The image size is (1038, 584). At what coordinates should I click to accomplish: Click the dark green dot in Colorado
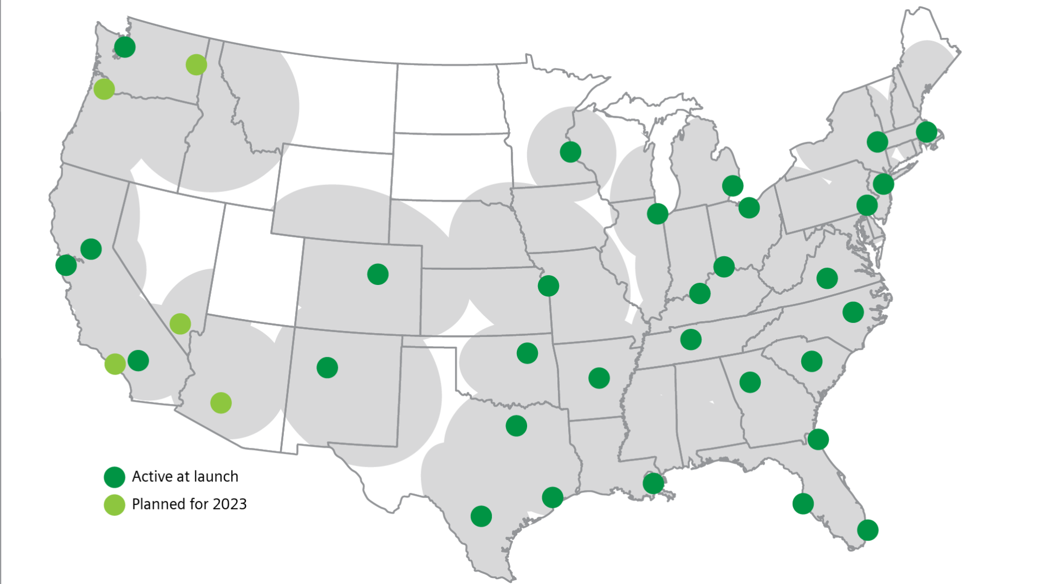[x=378, y=274]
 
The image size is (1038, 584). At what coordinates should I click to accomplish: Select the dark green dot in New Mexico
[x=327, y=368]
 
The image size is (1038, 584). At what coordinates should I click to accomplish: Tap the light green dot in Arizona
[x=221, y=403]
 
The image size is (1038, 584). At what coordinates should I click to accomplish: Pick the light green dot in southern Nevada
[x=180, y=323]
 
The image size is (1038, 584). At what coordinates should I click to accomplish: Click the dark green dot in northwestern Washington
[x=125, y=47]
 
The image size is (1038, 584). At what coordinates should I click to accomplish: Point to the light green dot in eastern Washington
[x=196, y=64]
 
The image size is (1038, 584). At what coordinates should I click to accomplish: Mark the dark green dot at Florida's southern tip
[x=868, y=530]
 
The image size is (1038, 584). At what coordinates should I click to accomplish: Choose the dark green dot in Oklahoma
[x=527, y=353]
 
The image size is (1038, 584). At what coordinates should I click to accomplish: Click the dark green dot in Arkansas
[x=599, y=378]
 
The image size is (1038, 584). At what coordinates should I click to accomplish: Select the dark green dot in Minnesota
[x=570, y=152]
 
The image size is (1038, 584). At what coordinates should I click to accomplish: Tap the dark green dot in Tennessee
[x=691, y=340]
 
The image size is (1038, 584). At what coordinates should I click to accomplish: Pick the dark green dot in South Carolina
[x=811, y=361]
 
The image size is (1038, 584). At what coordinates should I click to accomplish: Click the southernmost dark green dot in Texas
[x=481, y=516]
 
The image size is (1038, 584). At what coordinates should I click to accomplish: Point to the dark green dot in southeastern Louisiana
[x=653, y=483]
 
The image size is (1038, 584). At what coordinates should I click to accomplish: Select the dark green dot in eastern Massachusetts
[x=927, y=131]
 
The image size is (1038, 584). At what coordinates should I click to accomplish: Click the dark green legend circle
[x=115, y=477]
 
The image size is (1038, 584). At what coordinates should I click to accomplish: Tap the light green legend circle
[x=115, y=505]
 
